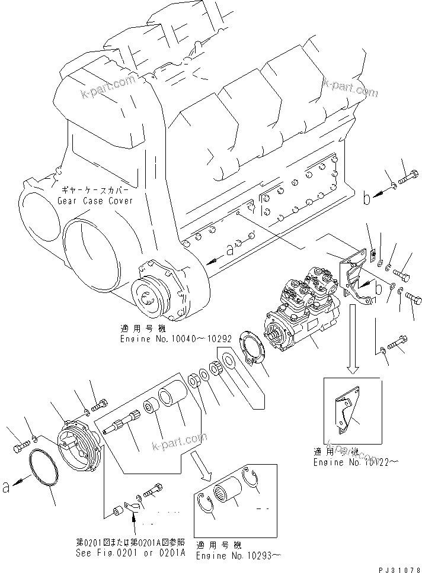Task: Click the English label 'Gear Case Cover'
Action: pyautogui.click(x=95, y=201)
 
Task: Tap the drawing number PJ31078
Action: pyautogui.click(x=398, y=568)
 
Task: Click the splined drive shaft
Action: pyautogui.click(x=122, y=425)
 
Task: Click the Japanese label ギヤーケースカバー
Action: pyautogui.click(x=95, y=191)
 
